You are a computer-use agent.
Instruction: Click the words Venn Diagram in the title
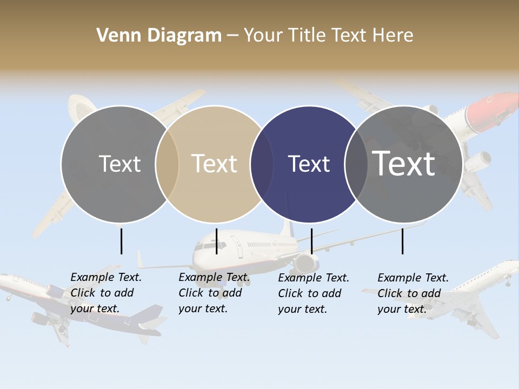(159, 36)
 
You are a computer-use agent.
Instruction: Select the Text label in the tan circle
(214, 164)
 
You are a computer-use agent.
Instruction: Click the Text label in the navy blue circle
(309, 164)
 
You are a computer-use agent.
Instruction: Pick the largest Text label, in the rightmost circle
(404, 164)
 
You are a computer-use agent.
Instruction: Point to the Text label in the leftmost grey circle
(119, 164)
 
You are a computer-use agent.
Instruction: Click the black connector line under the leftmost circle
(121, 241)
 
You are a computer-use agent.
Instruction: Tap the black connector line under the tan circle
(216, 241)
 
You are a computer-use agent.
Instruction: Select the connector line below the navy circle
(311, 241)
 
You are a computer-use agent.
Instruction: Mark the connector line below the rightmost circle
(402, 241)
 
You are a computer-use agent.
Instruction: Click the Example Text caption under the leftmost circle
(105, 293)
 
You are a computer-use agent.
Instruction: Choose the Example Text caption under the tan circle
(214, 293)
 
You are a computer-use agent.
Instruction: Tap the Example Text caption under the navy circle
(313, 293)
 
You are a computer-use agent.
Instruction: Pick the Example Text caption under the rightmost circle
(412, 293)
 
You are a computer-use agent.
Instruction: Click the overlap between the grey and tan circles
(167, 164)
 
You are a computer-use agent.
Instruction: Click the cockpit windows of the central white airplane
(202, 246)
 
